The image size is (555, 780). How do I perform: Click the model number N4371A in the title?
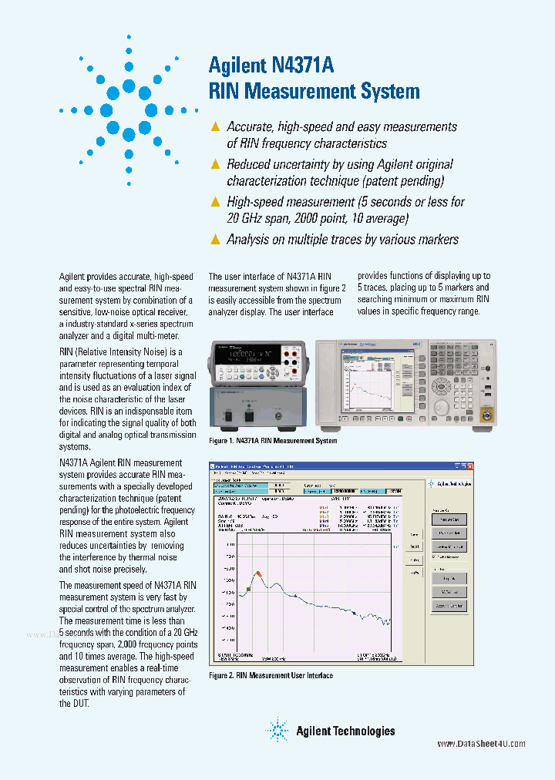[303, 66]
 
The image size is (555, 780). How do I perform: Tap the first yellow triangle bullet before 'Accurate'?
[216, 126]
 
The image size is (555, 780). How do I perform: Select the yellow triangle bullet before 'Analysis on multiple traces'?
[216, 240]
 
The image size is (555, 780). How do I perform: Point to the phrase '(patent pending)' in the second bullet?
[402, 181]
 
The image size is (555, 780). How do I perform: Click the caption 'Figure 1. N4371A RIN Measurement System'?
[273, 441]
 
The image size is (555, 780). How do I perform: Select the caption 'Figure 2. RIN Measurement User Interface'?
[271, 675]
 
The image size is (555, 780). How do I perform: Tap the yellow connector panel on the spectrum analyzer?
[486, 417]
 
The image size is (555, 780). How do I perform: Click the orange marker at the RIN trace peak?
[259, 574]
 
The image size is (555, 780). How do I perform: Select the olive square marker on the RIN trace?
[248, 589]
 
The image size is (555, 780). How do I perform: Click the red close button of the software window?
[468, 466]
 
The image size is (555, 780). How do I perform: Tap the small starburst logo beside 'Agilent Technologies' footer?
[277, 729]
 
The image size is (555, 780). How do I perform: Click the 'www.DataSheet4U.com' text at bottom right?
[481, 744]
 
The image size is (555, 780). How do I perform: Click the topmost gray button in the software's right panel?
[449, 519]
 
